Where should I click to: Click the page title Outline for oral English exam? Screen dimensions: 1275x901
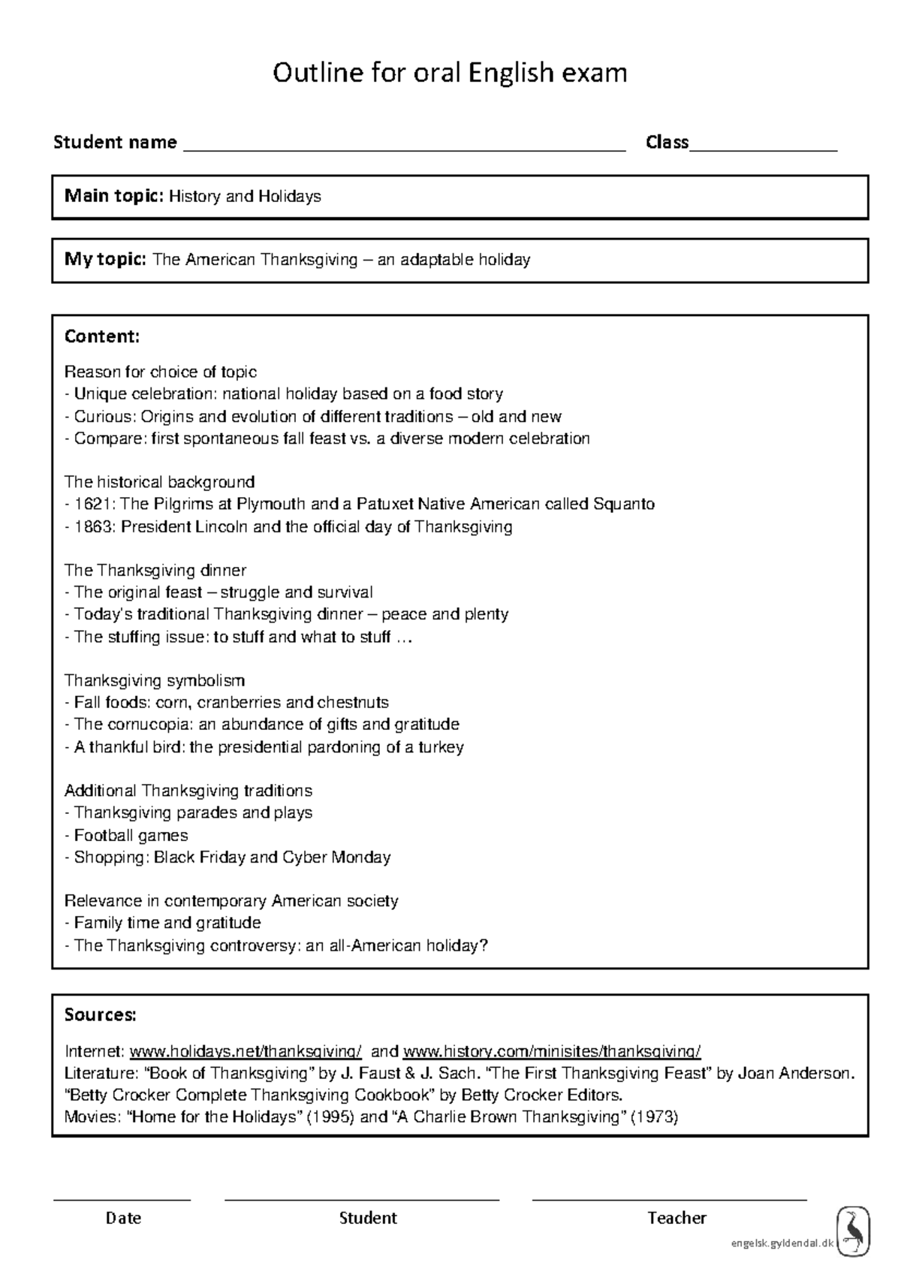click(449, 74)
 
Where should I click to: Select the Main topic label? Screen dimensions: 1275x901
click(113, 197)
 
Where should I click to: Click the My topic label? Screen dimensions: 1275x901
click(105, 260)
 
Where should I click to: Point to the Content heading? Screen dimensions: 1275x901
click(102, 336)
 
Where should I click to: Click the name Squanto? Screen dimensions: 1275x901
click(623, 504)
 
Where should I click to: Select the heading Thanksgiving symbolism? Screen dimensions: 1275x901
click(155, 680)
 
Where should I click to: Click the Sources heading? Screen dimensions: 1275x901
click(101, 1015)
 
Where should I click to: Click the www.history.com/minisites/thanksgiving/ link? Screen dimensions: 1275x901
click(552, 1051)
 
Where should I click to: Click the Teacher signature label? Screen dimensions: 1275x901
click(677, 1218)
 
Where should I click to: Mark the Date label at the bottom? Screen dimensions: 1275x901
click(123, 1218)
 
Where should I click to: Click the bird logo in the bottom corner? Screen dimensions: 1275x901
click(853, 1231)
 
